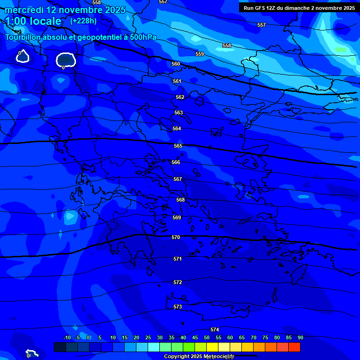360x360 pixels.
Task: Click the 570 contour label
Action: (x=176, y=238)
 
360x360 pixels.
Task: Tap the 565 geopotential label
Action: (x=178, y=146)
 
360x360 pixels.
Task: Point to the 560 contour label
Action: (x=176, y=64)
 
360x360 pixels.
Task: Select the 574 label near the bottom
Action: (x=215, y=330)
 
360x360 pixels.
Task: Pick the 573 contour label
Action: (x=178, y=307)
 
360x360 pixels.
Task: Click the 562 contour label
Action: (x=180, y=97)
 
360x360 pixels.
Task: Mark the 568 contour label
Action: (x=180, y=200)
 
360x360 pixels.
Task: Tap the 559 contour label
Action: (x=200, y=54)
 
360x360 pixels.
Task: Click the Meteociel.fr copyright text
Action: (x=199, y=357)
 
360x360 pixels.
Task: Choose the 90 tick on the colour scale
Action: (x=300, y=337)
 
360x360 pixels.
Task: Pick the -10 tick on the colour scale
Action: (x=67, y=337)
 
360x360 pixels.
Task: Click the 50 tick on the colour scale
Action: (x=207, y=337)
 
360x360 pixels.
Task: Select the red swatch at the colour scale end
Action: (x=294, y=347)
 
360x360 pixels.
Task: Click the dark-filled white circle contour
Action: (x=65, y=60)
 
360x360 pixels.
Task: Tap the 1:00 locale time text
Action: (x=33, y=21)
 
